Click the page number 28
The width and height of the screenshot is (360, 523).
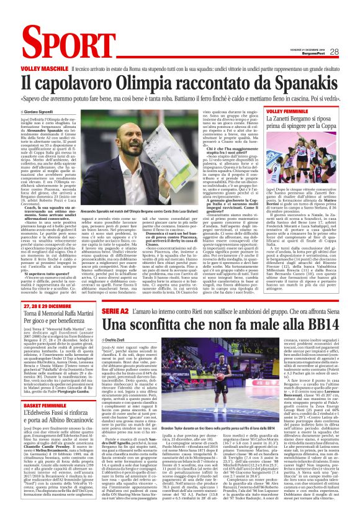coord(351,52)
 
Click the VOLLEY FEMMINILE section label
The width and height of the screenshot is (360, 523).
coord(290,111)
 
